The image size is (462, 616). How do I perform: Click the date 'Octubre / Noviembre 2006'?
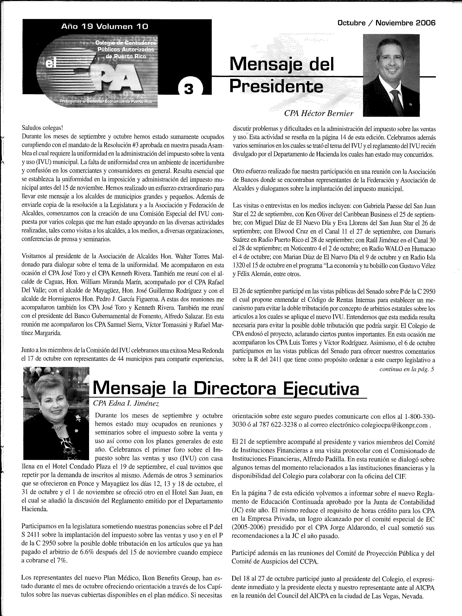click(x=386, y=23)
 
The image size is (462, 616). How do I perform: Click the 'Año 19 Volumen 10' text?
click(x=105, y=27)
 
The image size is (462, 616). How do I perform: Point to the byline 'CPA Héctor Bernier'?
click(x=319, y=113)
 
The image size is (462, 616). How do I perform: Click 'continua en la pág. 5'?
click(x=407, y=369)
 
